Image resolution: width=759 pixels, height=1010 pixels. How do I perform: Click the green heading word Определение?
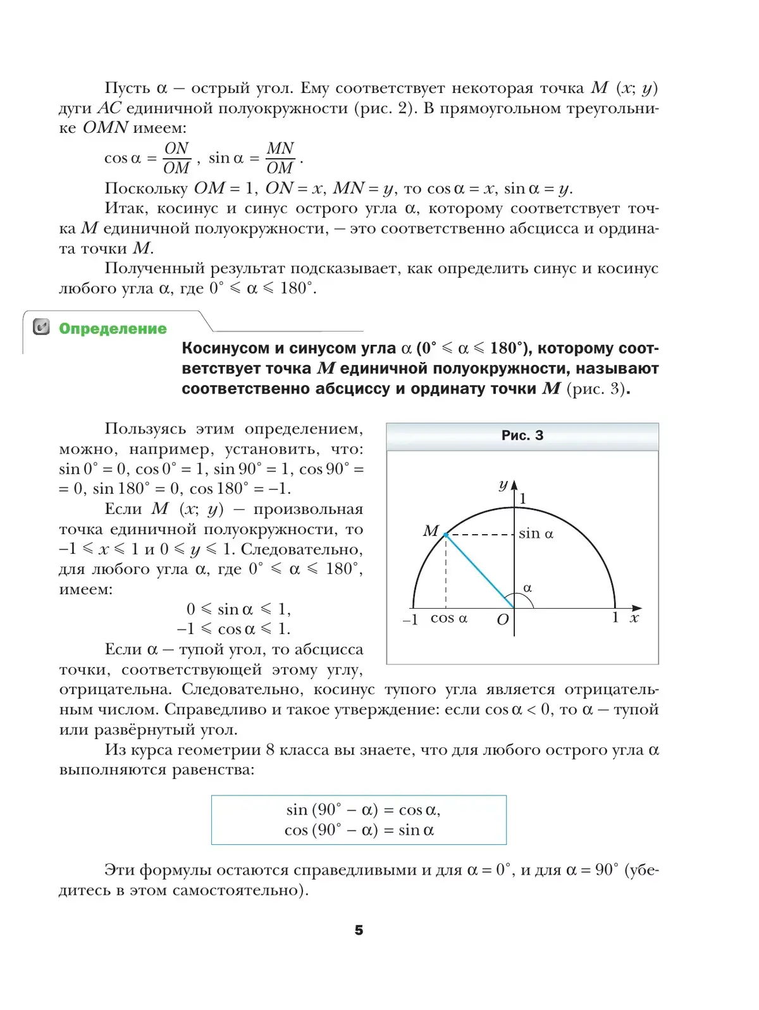tap(113, 328)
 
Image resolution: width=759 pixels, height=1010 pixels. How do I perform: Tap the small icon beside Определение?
tap(41, 327)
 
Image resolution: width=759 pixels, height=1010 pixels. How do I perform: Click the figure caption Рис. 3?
tap(522, 435)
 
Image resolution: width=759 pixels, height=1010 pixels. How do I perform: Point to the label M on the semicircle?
tap(431, 530)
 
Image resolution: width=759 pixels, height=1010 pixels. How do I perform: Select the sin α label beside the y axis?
tap(536, 533)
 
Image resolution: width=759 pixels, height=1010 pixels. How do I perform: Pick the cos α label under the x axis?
tap(448, 618)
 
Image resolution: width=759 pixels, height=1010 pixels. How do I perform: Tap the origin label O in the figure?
tap(502, 620)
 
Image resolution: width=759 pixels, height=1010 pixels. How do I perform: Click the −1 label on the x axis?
tap(410, 620)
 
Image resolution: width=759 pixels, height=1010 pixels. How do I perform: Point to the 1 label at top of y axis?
tap(522, 499)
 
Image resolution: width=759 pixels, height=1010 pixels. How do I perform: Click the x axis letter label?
tap(634, 618)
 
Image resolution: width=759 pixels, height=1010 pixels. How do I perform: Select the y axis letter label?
tap(503, 485)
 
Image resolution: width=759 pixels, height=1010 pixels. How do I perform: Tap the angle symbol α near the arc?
tap(528, 588)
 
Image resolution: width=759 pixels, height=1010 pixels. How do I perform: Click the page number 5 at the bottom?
tap(359, 930)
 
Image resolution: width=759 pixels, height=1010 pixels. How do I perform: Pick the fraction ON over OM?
tap(176, 158)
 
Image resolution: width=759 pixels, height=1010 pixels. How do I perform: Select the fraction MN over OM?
tap(280, 158)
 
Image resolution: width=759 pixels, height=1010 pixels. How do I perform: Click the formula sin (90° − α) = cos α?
tap(362, 809)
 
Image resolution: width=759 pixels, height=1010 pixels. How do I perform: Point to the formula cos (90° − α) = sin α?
tap(359, 830)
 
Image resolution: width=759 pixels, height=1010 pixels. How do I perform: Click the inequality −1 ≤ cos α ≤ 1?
tap(233, 629)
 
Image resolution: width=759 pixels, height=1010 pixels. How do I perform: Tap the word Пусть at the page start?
tap(127, 88)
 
